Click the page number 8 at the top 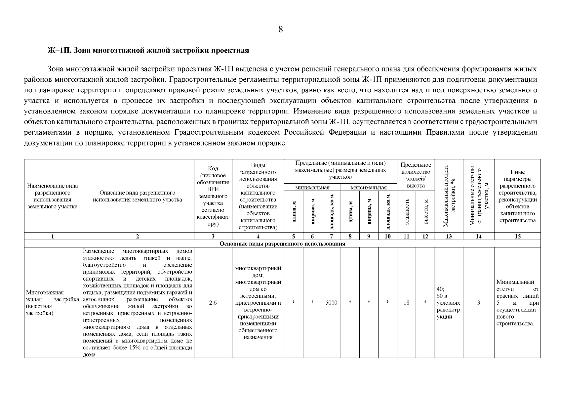click(x=280, y=30)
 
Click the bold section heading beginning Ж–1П click(x=148, y=51)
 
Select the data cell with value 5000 click(x=331, y=302)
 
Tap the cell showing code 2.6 click(x=213, y=302)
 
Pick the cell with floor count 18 click(x=406, y=302)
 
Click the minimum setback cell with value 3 click(x=478, y=302)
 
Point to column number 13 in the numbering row click(x=449, y=236)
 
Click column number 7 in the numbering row click(x=331, y=236)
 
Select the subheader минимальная click(x=312, y=188)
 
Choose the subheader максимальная click(x=369, y=188)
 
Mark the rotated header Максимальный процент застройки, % click(x=449, y=196)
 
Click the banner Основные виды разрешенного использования click(x=282, y=244)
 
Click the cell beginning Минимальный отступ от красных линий click(x=517, y=302)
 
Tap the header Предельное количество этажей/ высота click(x=416, y=175)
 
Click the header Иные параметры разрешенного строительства click(x=517, y=196)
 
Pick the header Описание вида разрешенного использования click(x=137, y=196)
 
